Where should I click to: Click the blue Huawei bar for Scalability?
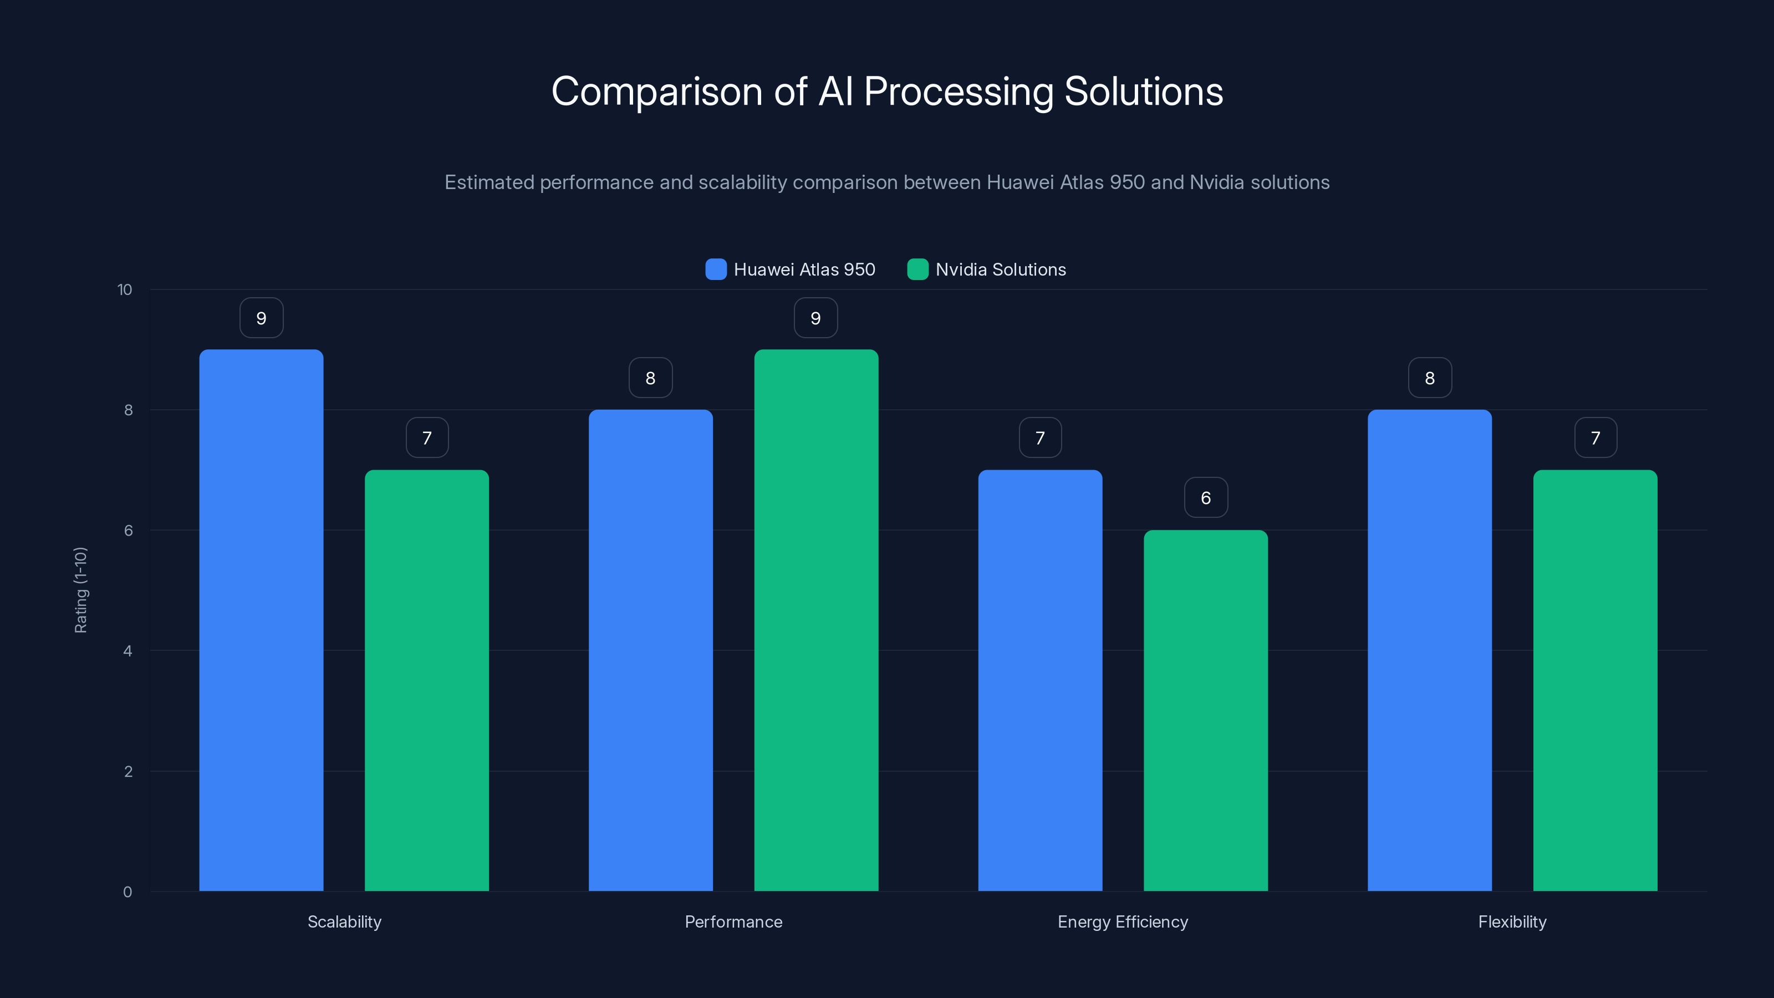261,620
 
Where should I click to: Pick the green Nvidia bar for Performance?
816,620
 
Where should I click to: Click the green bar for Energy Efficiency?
1205,710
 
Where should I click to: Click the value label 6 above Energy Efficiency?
1205,497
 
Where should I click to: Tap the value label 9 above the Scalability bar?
261,318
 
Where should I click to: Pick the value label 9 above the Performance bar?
815,318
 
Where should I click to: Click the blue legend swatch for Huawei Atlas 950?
716,269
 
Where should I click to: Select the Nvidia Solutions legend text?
1000,269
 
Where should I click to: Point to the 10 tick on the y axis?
124,289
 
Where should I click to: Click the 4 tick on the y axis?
128,651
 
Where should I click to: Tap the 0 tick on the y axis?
128,892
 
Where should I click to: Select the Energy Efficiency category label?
1123,921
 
